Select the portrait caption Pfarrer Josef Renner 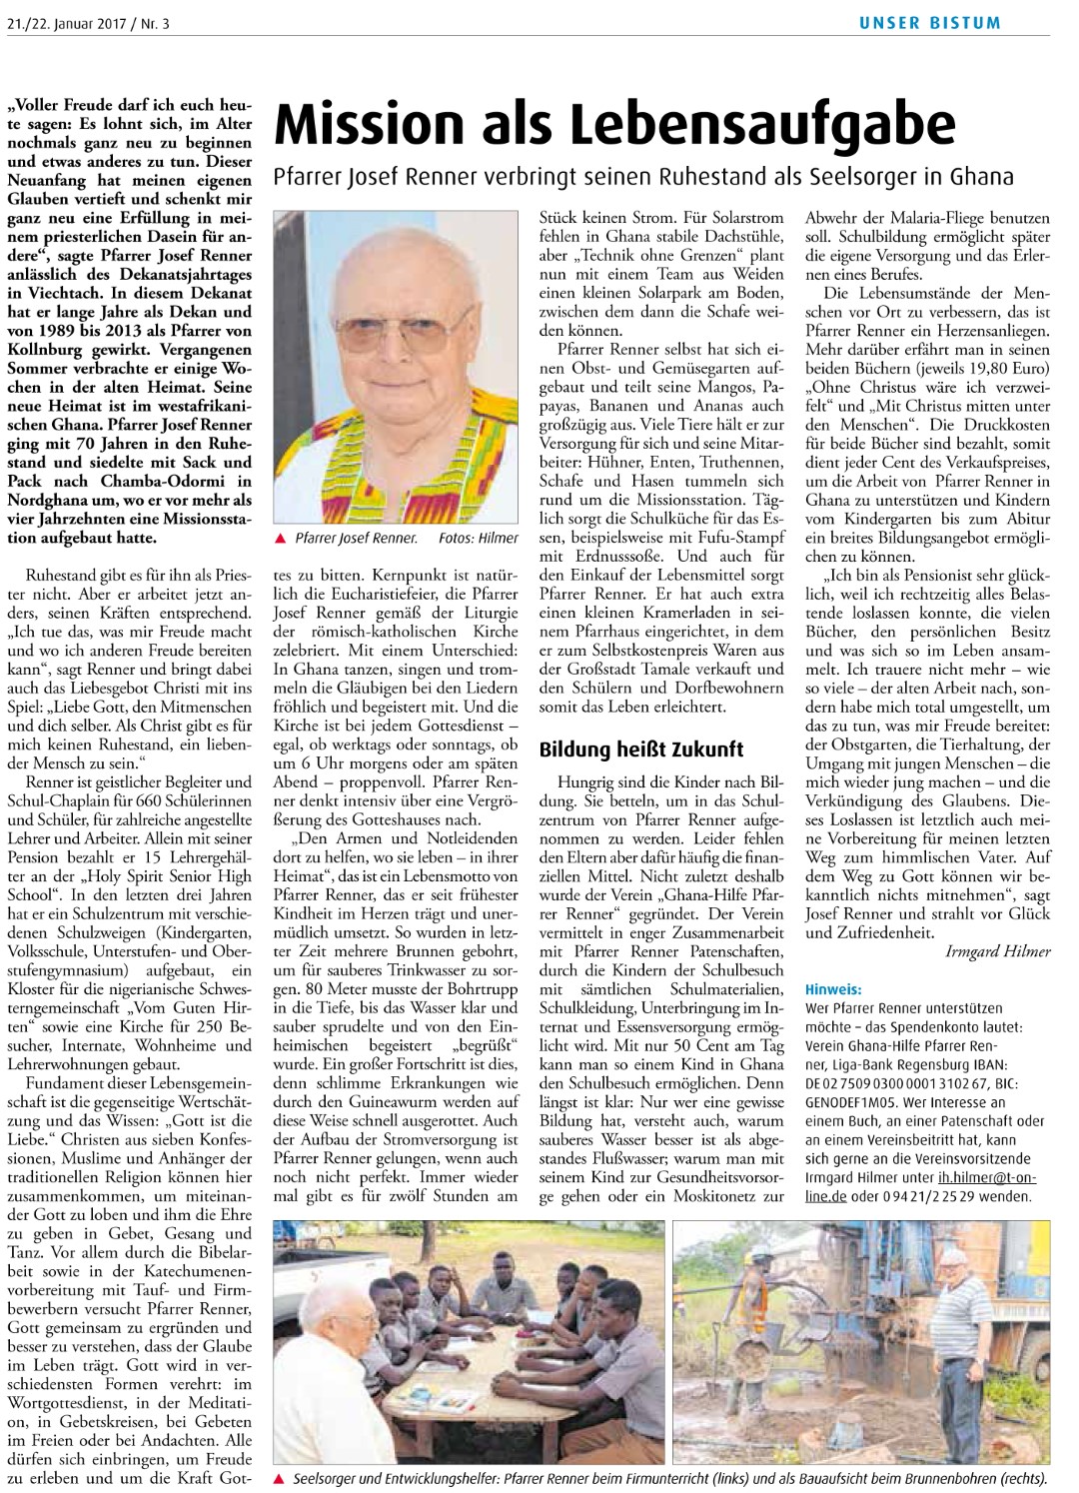[356, 539]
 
